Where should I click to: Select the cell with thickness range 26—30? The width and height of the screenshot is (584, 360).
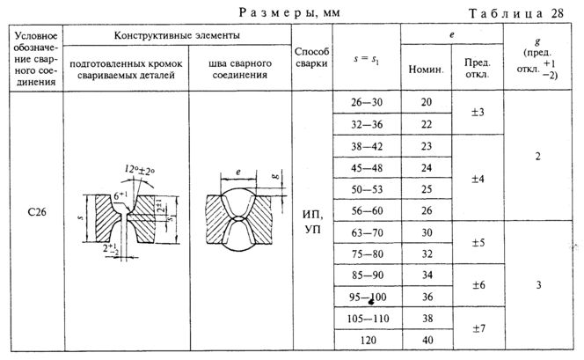[365, 103]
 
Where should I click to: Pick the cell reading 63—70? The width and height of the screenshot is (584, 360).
[365, 232]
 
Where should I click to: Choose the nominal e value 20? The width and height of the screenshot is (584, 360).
[427, 103]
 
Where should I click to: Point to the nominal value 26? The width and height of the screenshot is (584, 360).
[427, 211]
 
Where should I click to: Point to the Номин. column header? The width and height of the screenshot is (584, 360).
[427, 69]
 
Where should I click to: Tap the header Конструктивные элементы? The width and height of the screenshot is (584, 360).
[178, 34]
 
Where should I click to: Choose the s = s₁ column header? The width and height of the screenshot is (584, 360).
[365, 57]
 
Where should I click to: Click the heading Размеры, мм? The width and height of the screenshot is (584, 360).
[289, 11]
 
